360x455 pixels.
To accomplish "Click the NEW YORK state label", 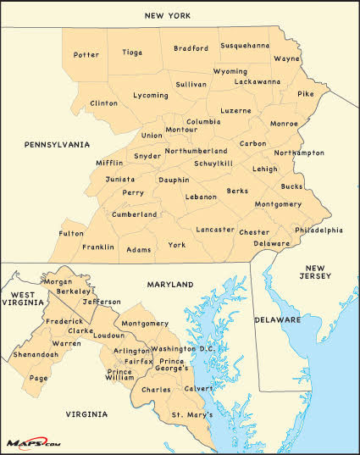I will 167,15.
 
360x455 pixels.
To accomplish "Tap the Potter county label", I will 86,55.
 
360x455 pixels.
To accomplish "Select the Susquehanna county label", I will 245,45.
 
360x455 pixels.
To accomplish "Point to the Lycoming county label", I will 151,96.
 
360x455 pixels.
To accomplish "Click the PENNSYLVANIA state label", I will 57,145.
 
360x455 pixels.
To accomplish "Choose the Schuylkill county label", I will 213,164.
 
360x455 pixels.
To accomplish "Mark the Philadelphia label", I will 318,230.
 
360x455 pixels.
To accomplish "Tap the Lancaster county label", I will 215,230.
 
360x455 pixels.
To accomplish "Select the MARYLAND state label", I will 170,285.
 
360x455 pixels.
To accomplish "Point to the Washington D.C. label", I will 185,349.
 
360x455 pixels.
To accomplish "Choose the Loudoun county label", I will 108,336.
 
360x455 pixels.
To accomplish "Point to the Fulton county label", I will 71,233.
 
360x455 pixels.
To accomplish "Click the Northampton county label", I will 300,153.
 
